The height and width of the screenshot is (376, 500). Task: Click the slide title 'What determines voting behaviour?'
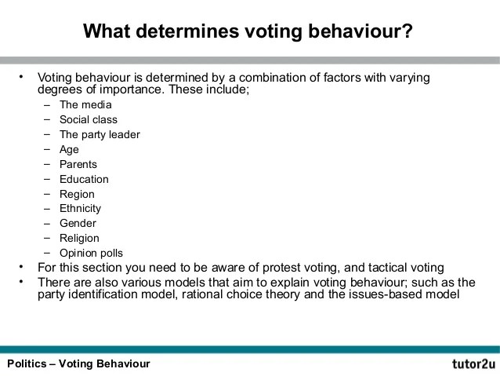point(248,31)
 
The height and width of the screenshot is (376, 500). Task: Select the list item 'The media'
point(85,104)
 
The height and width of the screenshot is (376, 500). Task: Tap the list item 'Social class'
point(89,119)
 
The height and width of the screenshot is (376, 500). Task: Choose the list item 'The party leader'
point(100,134)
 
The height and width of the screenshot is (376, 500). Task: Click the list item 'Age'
point(69,149)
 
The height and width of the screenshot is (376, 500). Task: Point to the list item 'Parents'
point(78,164)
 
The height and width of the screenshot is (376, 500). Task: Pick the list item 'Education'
point(84,179)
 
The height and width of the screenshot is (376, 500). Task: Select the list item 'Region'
point(77,194)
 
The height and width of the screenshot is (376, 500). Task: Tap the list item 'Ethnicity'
point(80,208)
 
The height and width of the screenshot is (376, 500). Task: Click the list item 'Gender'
point(78,223)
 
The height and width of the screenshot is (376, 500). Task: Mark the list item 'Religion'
point(79,238)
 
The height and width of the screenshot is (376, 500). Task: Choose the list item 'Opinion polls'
point(91,253)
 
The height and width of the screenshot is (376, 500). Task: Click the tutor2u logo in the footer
point(473,364)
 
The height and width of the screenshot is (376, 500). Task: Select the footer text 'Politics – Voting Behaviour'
point(78,363)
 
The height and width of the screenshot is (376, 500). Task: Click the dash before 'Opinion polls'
point(47,253)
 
